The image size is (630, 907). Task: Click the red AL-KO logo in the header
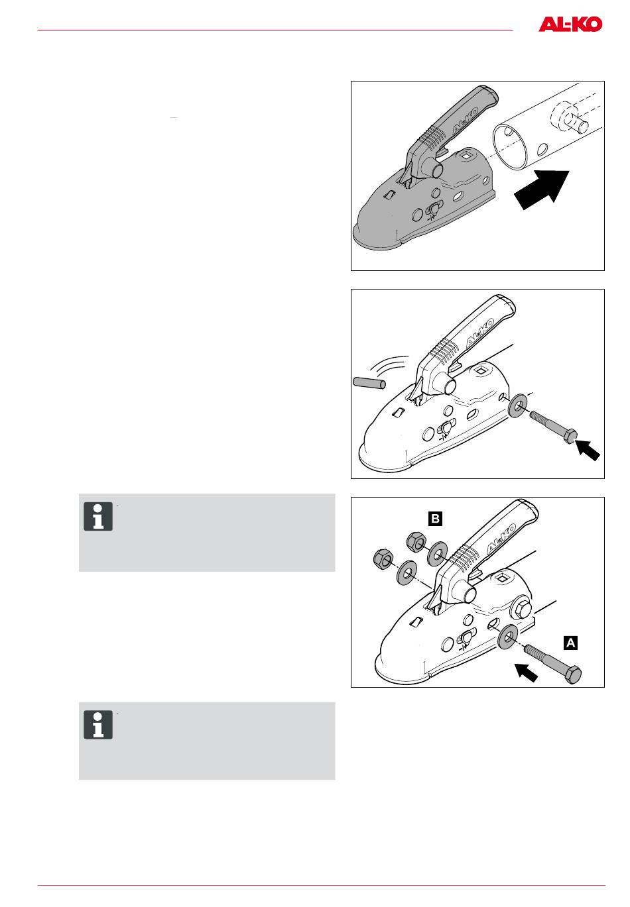click(570, 25)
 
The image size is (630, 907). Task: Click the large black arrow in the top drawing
click(543, 189)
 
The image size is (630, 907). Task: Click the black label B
click(434, 519)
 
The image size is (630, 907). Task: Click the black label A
click(570, 642)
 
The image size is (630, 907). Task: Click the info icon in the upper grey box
click(98, 517)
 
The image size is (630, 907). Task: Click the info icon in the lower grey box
click(98, 725)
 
